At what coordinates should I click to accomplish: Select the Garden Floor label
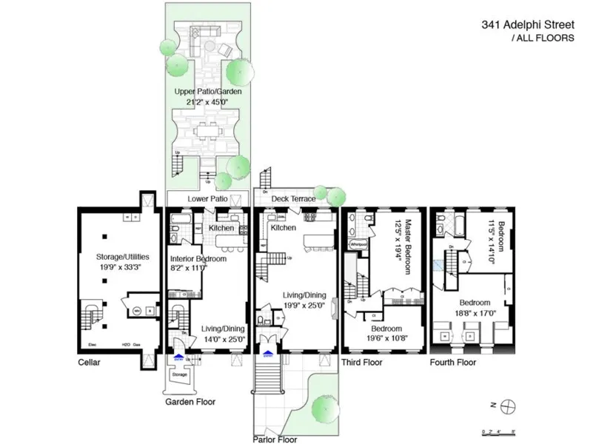tap(190, 403)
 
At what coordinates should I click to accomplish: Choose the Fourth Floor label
tap(453, 363)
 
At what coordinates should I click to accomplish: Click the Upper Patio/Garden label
tap(206, 92)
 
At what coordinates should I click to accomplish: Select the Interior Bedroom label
tap(198, 259)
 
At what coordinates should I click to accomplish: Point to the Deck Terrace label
tap(293, 199)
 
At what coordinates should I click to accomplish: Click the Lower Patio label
tap(207, 199)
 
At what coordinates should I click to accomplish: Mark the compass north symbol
tap(508, 405)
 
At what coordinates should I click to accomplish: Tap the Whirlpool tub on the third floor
tap(359, 243)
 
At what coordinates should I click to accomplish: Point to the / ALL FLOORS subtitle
tap(543, 38)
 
